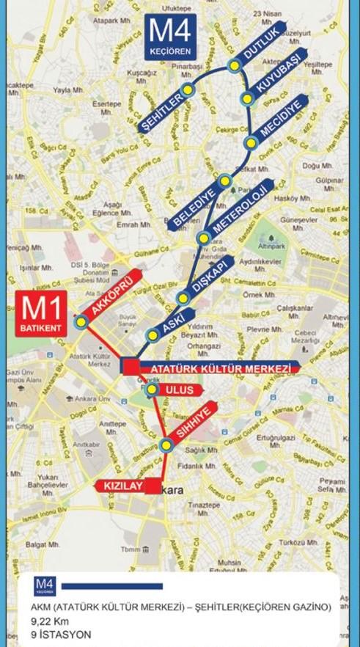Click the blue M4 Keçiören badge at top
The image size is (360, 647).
(171, 38)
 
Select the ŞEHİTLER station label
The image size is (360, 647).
(164, 111)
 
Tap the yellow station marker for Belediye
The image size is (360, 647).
(225, 180)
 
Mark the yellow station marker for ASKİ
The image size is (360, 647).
(153, 336)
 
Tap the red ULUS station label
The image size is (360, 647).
(179, 390)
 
